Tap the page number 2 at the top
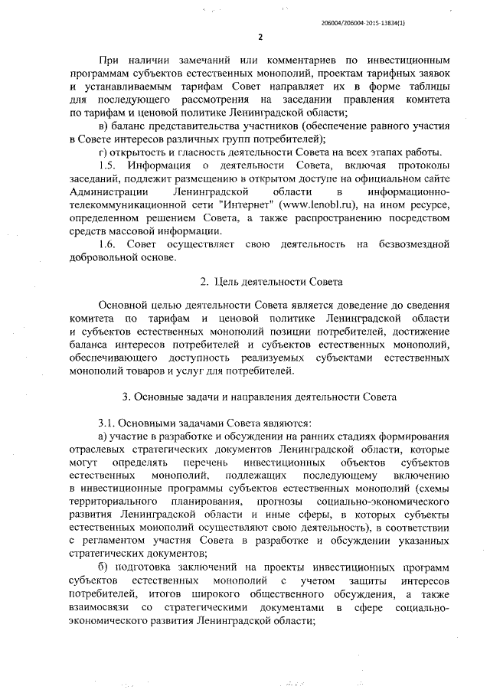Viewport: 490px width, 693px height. click(260, 38)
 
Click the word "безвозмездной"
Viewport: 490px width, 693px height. click(413, 244)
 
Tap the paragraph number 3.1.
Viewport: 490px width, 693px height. click(109, 423)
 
